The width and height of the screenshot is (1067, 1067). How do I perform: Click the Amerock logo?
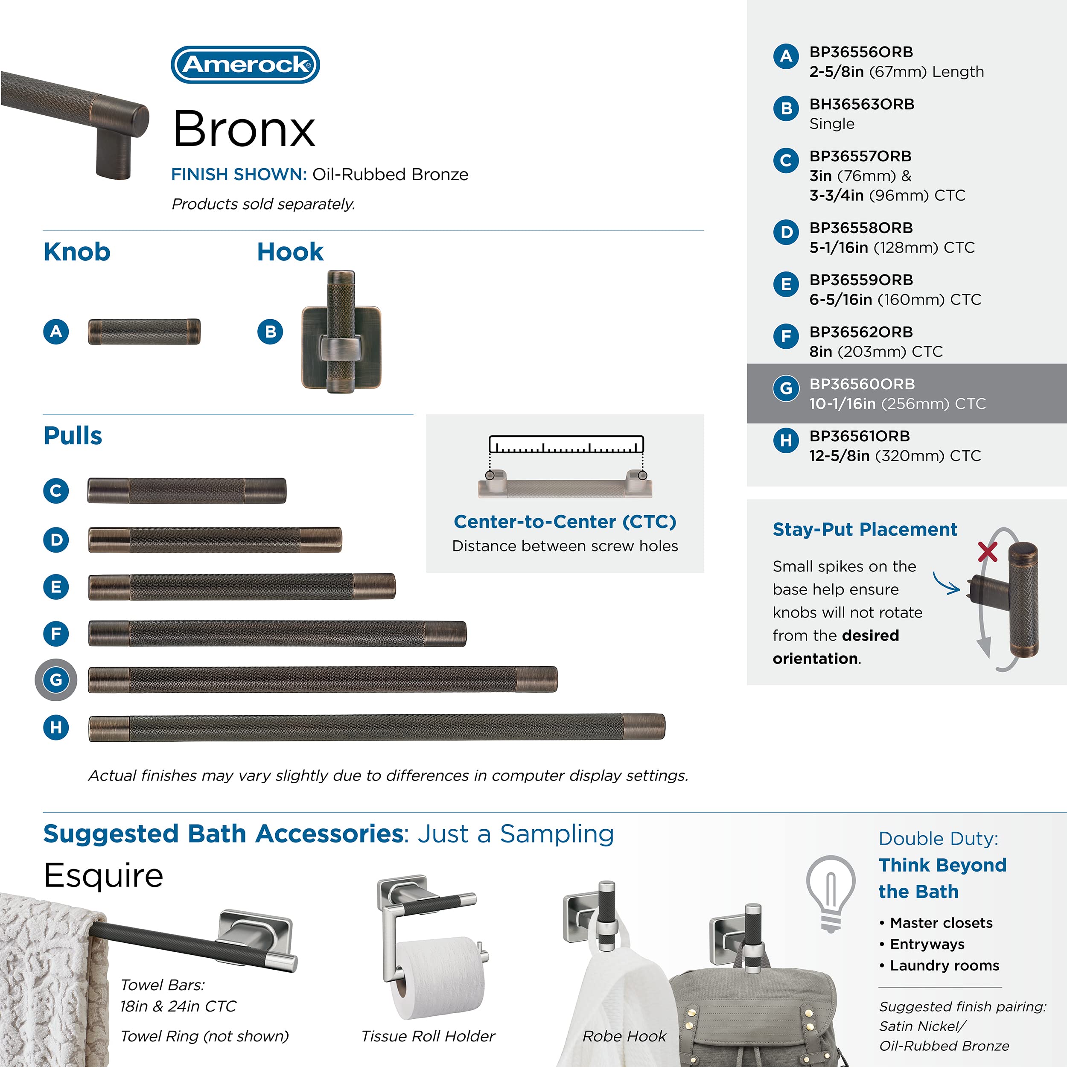245,64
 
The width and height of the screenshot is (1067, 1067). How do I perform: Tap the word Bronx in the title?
244,129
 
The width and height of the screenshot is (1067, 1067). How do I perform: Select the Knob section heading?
77,252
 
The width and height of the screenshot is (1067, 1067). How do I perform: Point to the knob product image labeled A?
144,331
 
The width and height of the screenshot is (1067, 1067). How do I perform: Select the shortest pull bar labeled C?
187,490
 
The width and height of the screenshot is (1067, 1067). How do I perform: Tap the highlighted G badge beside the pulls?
56,679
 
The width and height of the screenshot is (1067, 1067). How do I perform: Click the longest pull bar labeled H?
377,727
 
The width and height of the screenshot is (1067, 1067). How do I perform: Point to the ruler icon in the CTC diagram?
566,445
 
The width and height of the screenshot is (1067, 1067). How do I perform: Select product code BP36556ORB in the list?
861,52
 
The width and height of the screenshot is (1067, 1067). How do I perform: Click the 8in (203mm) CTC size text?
876,351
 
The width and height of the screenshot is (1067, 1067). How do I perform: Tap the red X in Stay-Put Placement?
988,551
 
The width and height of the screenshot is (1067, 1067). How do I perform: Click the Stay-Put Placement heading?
865,529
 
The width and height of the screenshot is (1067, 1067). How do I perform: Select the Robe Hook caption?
624,1036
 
